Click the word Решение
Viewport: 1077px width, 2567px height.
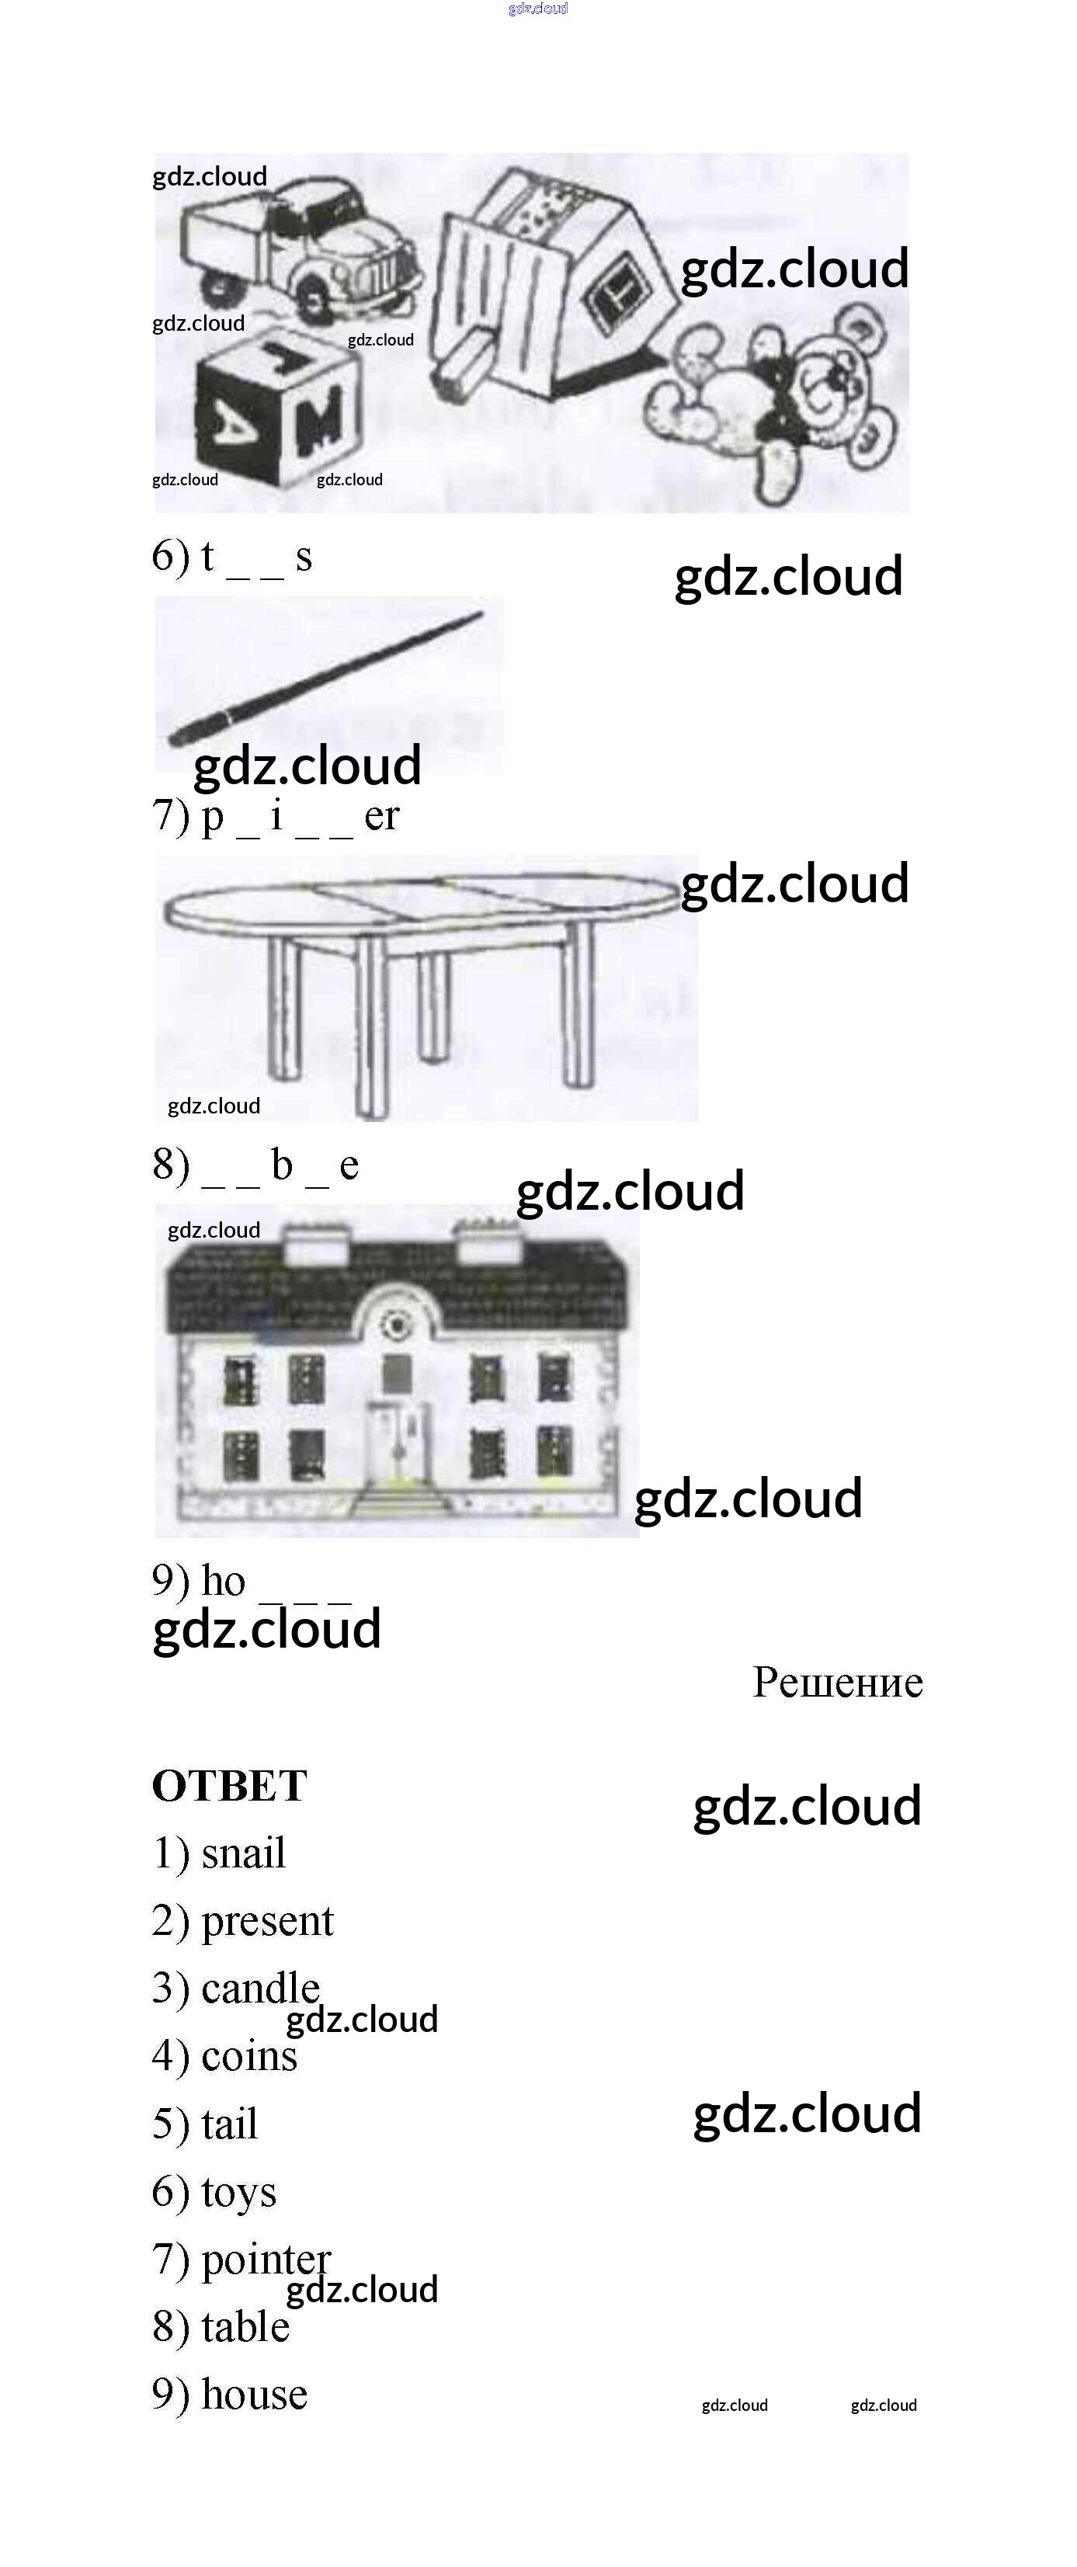coord(837,1682)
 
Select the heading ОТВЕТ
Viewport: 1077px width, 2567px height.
coord(229,1786)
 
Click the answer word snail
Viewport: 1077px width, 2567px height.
coord(243,1853)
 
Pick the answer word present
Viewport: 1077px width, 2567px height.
coord(267,1921)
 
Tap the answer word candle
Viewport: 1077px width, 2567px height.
coord(260,1988)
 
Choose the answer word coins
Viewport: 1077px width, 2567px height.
coord(249,2056)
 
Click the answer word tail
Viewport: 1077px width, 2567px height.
coord(229,2124)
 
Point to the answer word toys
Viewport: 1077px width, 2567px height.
coord(239,2192)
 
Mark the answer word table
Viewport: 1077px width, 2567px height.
coord(245,2327)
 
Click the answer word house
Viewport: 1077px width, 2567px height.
coord(254,2395)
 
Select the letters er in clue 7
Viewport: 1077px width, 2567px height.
coord(381,816)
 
